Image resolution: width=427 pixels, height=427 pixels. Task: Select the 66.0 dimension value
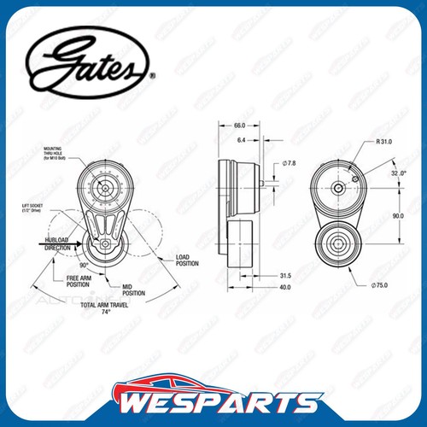tap(239, 126)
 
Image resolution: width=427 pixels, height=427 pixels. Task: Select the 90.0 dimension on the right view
tap(398, 217)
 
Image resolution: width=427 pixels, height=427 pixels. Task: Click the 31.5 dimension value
tap(284, 275)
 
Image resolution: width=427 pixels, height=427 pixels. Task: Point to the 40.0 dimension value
tap(284, 288)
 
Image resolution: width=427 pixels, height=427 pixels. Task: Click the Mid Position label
tap(133, 291)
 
